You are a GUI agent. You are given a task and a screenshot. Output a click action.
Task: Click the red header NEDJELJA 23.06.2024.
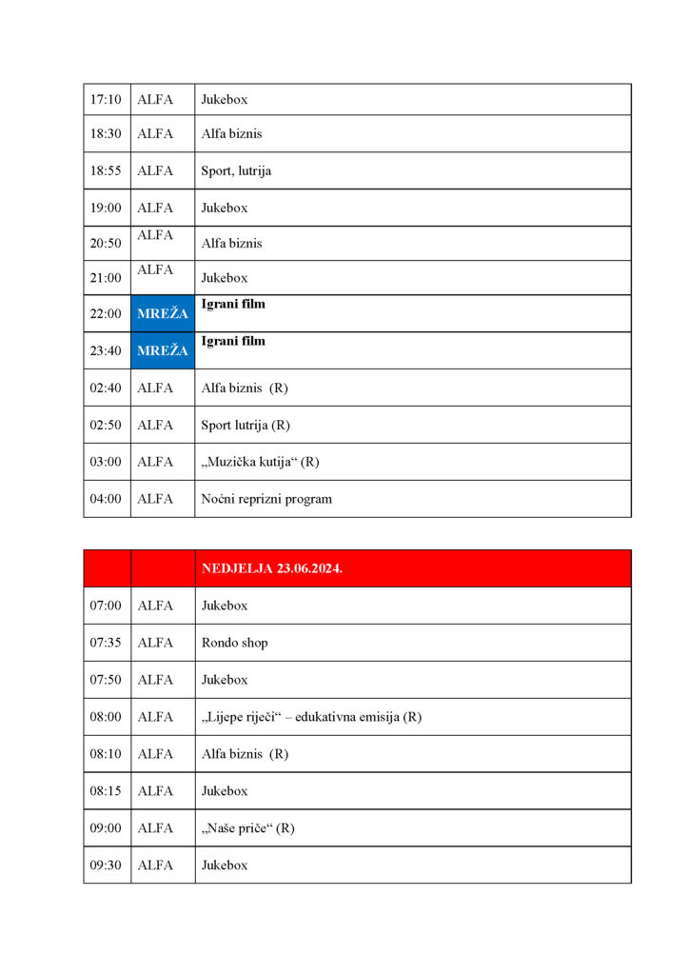pyautogui.click(x=272, y=568)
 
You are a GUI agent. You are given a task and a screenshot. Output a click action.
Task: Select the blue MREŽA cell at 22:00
pyautogui.click(x=163, y=313)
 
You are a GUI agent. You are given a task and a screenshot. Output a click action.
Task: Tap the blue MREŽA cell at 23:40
pyautogui.click(x=163, y=350)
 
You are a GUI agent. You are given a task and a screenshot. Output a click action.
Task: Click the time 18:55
pyautogui.click(x=106, y=170)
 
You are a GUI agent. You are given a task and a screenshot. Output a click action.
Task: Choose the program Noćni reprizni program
pyautogui.click(x=266, y=499)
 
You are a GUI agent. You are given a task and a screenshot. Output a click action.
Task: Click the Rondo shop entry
pyautogui.click(x=234, y=643)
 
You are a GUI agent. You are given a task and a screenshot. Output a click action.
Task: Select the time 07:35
pyautogui.click(x=106, y=643)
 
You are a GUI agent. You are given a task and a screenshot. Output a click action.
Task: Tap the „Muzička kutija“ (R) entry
pyautogui.click(x=260, y=462)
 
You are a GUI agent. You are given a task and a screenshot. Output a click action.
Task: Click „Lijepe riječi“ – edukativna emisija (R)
pyautogui.click(x=311, y=717)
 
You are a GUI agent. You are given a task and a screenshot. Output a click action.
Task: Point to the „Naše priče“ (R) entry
pyautogui.click(x=247, y=828)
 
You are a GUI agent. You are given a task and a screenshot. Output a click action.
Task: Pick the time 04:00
pyautogui.click(x=106, y=499)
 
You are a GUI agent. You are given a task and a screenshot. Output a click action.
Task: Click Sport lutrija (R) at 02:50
pyautogui.click(x=245, y=425)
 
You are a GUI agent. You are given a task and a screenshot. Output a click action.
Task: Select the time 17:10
pyautogui.click(x=106, y=99)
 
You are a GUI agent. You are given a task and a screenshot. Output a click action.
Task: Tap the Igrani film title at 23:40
pyautogui.click(x=233, y=341)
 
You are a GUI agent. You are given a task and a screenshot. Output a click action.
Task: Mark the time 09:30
pyautogui.click(x=106, y=866)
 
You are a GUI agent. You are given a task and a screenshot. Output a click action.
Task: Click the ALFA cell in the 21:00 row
pyautogui.click(x=155, y=270)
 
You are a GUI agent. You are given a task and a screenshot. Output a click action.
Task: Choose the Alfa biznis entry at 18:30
pyautogui.click(x=231, y=134)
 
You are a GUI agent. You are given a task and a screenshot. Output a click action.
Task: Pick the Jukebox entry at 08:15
pyautogui.click(x=224, y=791)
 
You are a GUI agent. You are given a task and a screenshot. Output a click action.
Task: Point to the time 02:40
pyautogui.click(x=106, y=388)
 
